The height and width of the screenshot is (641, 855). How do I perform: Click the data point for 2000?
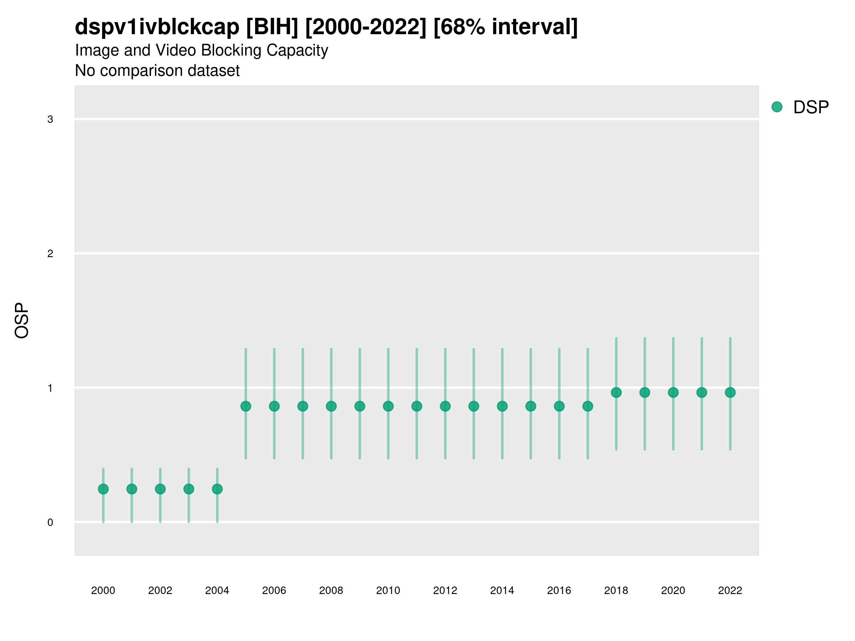point(103,489)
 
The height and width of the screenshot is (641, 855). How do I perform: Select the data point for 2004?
point(217,489)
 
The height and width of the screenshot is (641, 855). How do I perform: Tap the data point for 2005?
point(246,406)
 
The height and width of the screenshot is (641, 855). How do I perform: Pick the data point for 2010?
point(388,406)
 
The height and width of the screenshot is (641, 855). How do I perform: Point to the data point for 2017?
point(587,406)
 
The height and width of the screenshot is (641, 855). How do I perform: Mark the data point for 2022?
point(730,392)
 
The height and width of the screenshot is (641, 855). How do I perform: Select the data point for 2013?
point(474,406)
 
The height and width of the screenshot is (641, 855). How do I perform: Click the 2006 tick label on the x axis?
point(274,590)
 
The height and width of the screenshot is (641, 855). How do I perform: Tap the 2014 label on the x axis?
point(502,590)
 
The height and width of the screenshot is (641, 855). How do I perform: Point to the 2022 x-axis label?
point(730,590)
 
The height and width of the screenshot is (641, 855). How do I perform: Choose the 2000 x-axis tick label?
point(103,590)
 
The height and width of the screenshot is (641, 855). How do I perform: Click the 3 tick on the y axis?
point(50,119)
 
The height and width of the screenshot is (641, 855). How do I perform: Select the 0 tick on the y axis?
point(50,522)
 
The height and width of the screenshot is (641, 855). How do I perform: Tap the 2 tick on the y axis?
point(50,254)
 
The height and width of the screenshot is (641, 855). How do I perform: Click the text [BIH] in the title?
point(272,27)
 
